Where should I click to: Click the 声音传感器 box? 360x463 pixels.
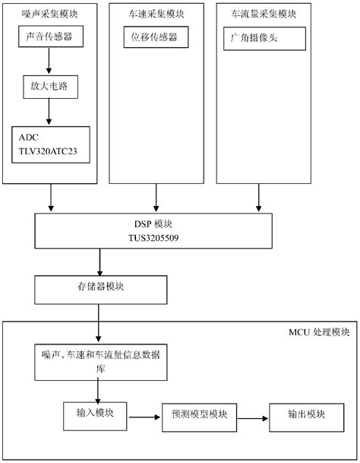[x=50, y=37]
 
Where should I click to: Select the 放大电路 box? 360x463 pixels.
[x=50, y=86]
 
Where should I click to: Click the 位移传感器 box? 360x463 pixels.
[x=156, y=37]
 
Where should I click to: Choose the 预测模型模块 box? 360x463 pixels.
[x=199, y=415]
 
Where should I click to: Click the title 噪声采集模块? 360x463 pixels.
[x=50, y=14]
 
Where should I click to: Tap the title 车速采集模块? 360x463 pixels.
[x=156, y=14]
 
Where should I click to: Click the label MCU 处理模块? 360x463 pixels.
[x=319, y=333]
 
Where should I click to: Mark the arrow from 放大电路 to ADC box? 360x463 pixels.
[x=50, y=112]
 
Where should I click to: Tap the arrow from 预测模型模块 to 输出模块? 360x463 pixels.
[x=253, y=416]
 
